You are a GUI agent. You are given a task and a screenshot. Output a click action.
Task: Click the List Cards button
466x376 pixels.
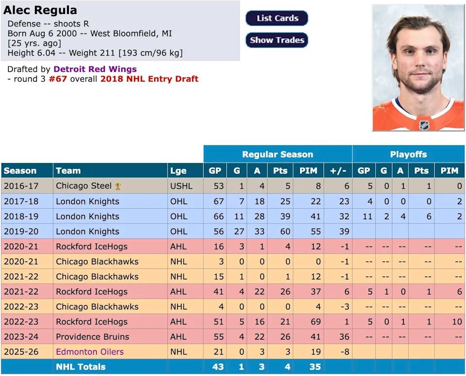point(277,18)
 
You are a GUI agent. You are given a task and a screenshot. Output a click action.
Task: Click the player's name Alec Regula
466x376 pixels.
point(40,10)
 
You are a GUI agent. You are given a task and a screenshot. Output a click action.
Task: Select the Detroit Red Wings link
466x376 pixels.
point(95,69)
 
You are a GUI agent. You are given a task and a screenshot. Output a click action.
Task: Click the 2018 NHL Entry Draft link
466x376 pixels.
point(149,79)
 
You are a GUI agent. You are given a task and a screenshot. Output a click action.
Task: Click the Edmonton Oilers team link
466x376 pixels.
point(89,352)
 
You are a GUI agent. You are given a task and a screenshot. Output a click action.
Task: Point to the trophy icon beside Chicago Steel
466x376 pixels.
point(118,186)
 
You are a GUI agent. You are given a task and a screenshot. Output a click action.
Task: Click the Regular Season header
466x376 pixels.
point(277,154)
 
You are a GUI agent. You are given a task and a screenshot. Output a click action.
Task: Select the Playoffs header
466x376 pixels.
point(408,154)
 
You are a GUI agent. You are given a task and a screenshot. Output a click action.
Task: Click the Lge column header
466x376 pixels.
point(178,171)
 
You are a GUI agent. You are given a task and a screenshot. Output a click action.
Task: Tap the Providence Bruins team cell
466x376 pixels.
point(92,337)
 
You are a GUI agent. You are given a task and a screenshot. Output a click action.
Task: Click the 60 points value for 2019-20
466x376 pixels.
point(281,231)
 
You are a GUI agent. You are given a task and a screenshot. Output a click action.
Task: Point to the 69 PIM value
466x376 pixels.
point(316,322)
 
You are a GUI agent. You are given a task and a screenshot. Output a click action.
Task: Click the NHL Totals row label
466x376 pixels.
point(81,367)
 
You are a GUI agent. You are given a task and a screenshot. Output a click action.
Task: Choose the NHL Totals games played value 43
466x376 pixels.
point(218,367)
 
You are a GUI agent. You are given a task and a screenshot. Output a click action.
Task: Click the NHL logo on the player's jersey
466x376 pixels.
point(424,125)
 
